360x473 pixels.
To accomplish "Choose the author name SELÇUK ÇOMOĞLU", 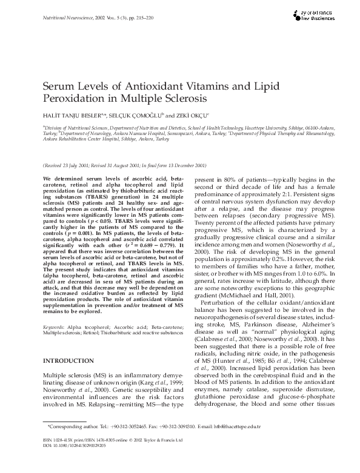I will coord(130,114).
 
